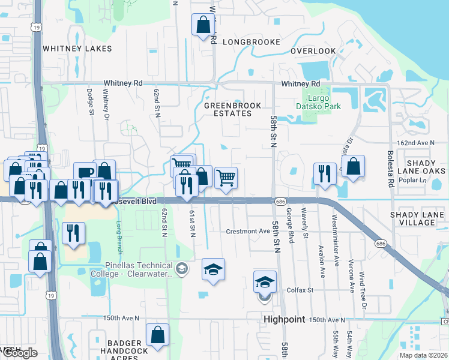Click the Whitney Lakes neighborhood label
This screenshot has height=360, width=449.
[77, 48]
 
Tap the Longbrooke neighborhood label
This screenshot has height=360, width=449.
[252, 42]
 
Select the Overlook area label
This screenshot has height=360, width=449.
[313, 51]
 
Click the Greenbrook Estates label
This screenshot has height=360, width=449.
[233, 109]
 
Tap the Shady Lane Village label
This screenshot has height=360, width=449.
[420, 218]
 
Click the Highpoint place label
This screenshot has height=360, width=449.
[285, 320]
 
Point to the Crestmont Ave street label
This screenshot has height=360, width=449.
[248, 231]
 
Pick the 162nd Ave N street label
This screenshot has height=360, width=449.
[415, 143]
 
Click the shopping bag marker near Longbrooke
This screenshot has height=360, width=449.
[203, 24]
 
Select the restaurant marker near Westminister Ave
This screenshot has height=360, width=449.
[325, 173]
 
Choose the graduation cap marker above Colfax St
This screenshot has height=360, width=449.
[265, 282]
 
